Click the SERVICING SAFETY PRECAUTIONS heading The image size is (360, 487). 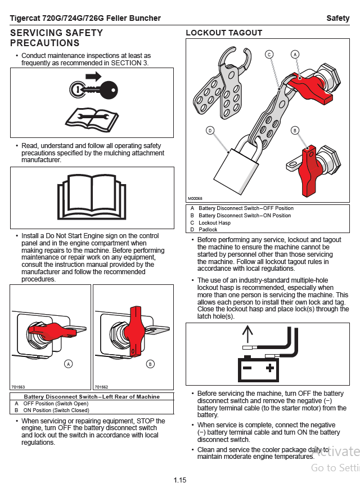(x=56, y=38)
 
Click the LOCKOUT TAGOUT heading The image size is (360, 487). (x=224, y=33)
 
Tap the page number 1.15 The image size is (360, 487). (x=180, y=480)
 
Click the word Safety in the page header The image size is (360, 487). (x=338, y=19)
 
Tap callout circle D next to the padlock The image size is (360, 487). (x=210, y=131)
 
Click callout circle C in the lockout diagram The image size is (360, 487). (x=269, y=54)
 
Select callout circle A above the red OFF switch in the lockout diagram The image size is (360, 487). (x=295, y=54)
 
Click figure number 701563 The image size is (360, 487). (x=17, y=387)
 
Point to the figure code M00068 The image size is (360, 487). (x=195, y=199)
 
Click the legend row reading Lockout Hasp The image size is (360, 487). (x=214, y=223)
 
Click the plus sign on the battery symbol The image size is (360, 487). (x=270, y=368)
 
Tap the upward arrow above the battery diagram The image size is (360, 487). (x=246, y=336)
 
